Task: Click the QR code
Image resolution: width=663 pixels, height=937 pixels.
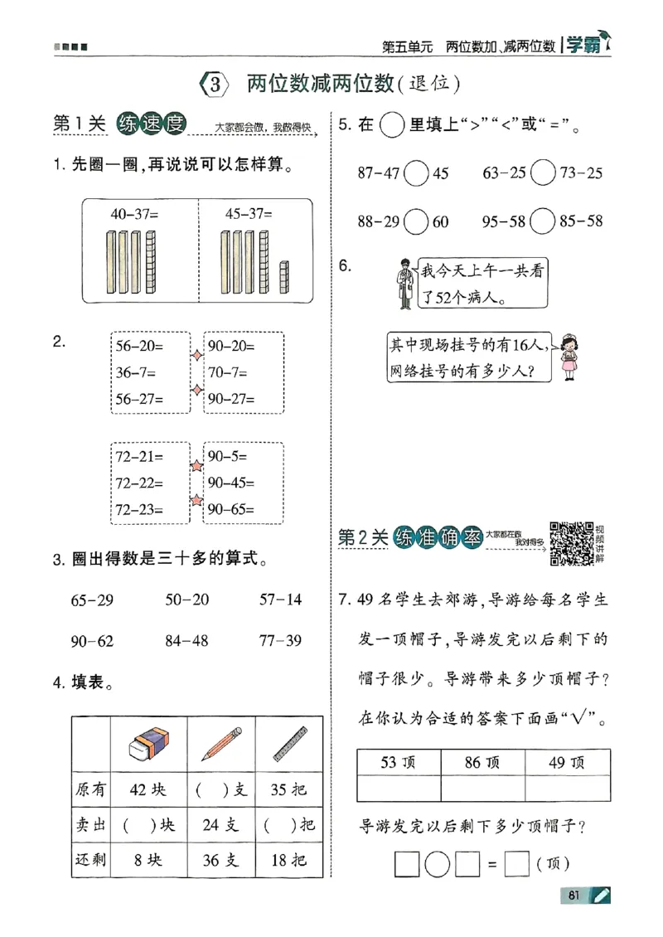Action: (572, 544)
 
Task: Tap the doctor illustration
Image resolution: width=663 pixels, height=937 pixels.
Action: (404, 282)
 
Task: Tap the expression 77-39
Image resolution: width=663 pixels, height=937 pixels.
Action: (280, 639)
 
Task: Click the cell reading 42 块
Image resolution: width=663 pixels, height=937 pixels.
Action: (148, 789)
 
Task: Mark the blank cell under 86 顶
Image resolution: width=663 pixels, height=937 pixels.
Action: (483, 788)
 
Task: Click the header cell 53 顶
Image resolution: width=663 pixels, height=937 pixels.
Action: (399, 762)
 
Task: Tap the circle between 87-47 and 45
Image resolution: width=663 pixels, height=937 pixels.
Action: (418, 173)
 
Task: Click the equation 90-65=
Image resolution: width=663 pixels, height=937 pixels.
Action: (231, 508)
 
